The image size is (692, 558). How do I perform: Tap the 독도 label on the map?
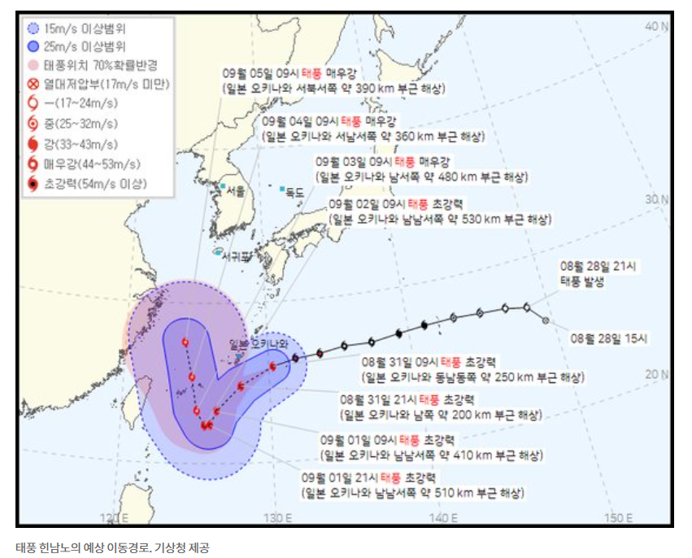[x=294, y=193]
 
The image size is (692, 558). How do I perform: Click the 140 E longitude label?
[x=444, y=517]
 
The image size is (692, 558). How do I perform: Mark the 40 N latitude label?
[x=655, y=26]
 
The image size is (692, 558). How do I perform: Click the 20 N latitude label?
[x=655, y=374]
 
